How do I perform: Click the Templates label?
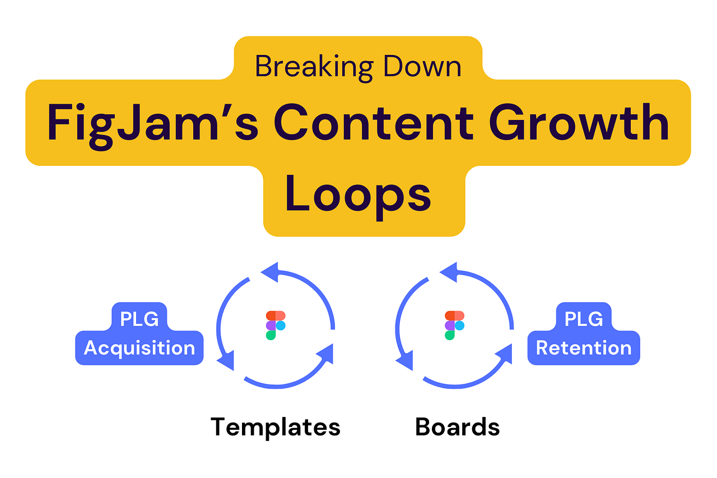click(x=276, y=427)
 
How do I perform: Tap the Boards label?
click(x=457, y=427)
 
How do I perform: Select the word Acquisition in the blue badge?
click(x=139, y=348)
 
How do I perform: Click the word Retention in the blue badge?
click(x=584, y=348)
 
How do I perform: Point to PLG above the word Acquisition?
click(x=139, y=319)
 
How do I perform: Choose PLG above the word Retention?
click(x=584, y=319)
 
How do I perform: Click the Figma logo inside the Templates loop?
click(x=276, y=325)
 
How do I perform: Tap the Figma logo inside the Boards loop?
click(x=454, y=325)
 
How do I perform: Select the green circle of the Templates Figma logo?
click(x=271, y=335)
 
